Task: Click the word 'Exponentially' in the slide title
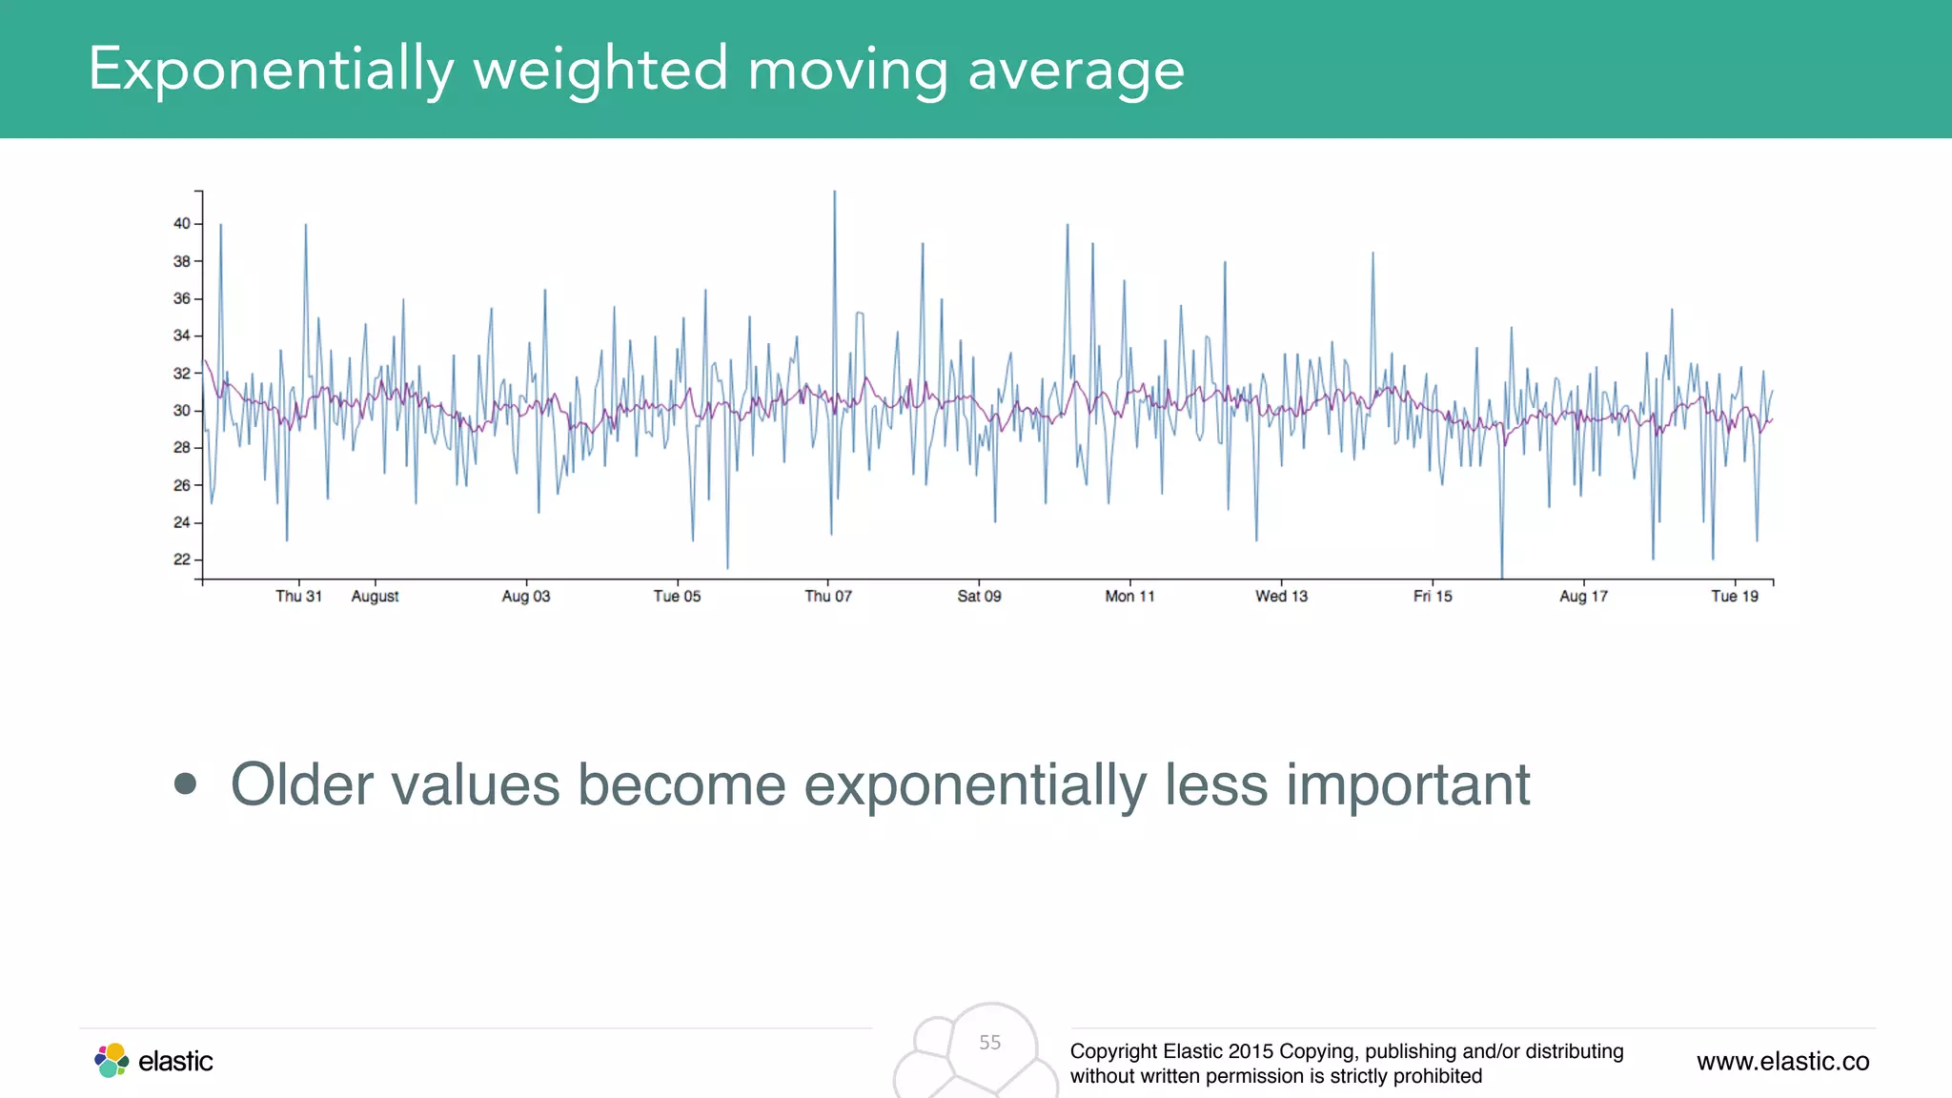[271, 70]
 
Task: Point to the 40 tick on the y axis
[181, 224]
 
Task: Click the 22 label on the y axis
[181, 559]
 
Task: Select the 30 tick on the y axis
[181, 411]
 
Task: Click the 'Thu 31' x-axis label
[298, 597]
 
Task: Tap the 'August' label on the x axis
[375, 597]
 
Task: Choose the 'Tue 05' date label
[677, 597]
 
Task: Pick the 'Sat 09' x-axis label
[979, 597]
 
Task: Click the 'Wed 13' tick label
[1281, 597]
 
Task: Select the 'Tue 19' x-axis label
[1735, 597]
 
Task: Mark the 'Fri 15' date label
[1433, 597]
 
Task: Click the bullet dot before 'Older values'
[186, 784]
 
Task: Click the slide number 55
[990, 1043]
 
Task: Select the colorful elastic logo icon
[112, 1060]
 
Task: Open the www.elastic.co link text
[1782, 1061]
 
